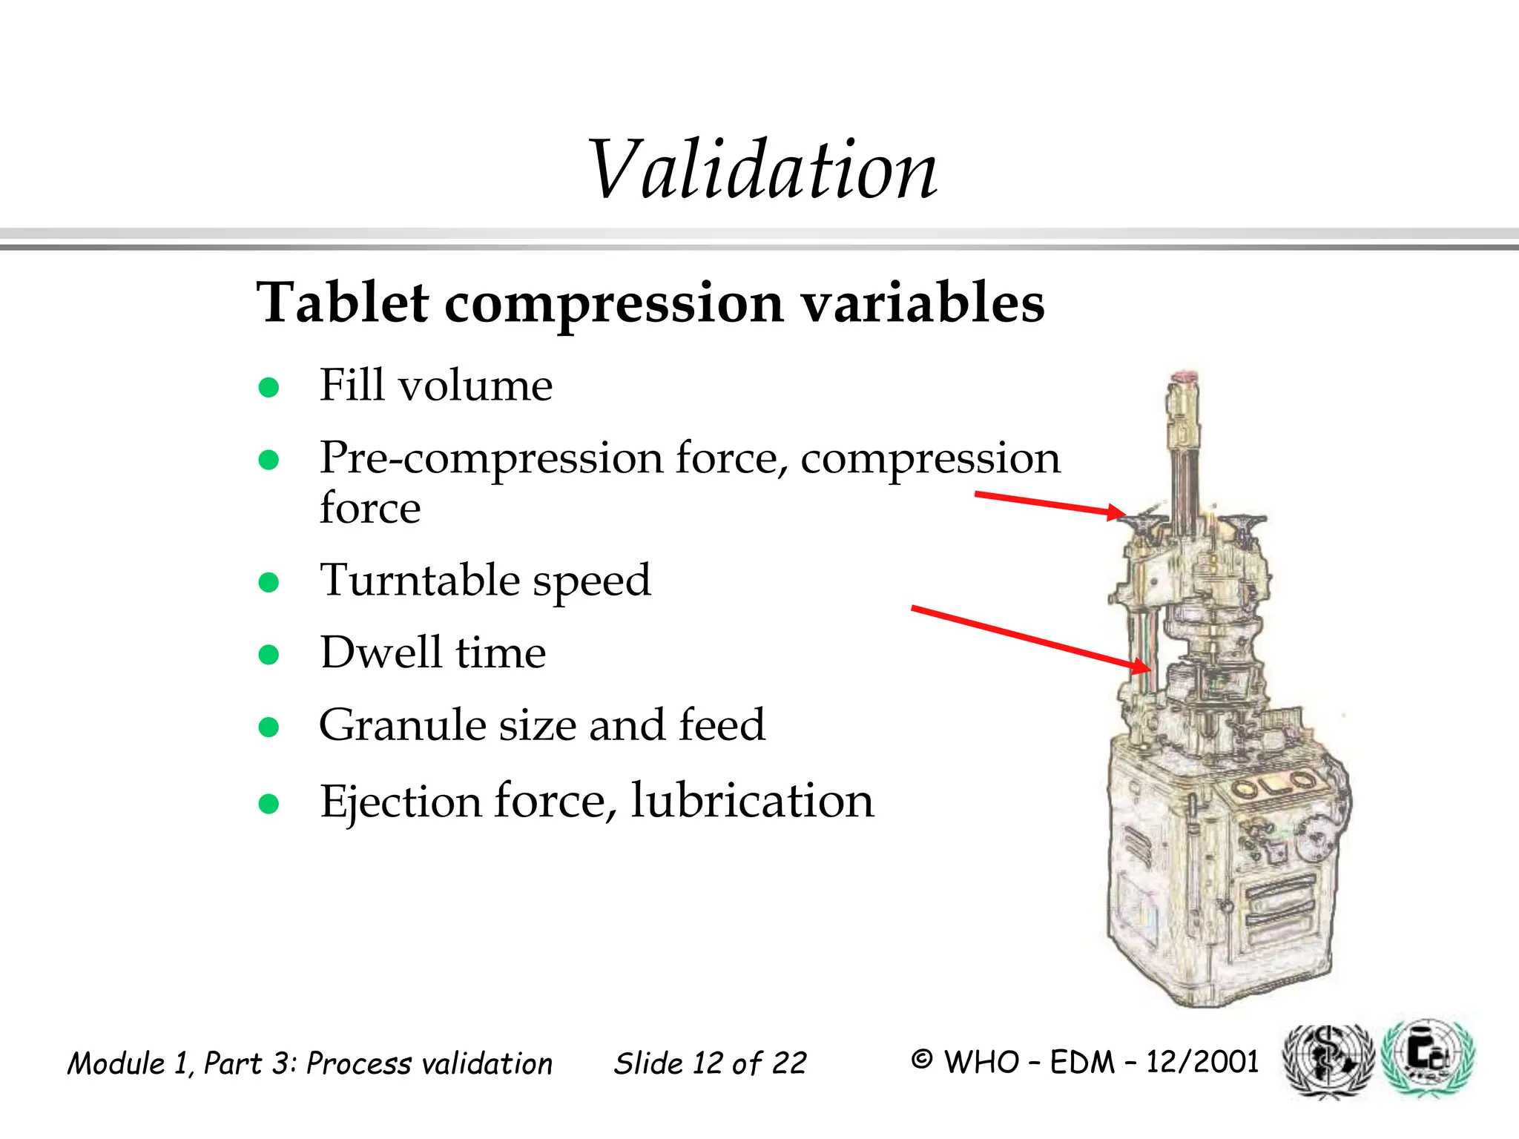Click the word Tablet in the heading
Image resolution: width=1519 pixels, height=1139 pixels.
click(x=342, y=303)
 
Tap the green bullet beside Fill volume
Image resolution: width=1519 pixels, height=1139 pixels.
click(x=268, y=387)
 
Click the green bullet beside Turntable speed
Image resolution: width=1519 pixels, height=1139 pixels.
click(x=268, y=582)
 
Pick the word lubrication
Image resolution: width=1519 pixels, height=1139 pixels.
click(x=752, y=801)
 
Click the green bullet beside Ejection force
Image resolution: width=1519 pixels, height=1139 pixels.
click(x=268, y=803)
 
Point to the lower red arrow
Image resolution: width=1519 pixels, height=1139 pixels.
click(x=1031, y=638)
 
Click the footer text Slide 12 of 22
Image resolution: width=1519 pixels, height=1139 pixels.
click(x=710, y=1063)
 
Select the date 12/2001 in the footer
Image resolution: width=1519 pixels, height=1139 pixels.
click(x=1202, y=1062)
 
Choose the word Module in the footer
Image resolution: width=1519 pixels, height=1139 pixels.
click(x=116, y=1063)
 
